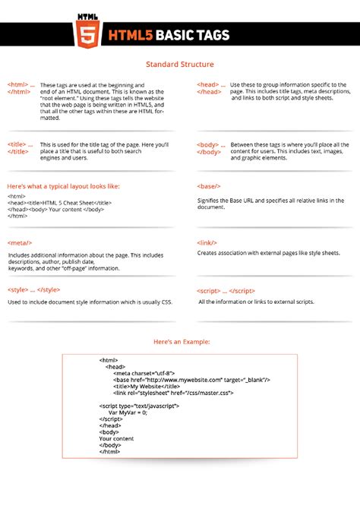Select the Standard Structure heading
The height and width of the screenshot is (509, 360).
[180, 65]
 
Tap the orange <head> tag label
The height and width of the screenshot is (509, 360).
[210, 84]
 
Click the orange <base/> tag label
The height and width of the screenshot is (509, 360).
[209, 186]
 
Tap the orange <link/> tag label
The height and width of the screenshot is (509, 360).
[207, 241]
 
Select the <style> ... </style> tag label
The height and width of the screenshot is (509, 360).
[34, 289]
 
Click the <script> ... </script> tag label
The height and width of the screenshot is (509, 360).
[226, 289]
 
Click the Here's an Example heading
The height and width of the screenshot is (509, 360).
[180, 341]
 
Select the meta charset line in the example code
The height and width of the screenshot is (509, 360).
[144, 373]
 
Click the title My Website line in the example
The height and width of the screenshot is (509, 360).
[142, 386]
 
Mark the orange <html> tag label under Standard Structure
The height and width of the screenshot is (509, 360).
[19, 84]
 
